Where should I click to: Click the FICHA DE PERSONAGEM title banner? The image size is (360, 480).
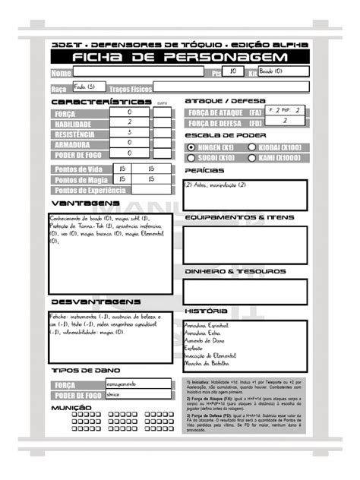pyautogui.click(x=180, y=58)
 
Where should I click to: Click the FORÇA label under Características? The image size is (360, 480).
pyautogui.click(x=65, y=113)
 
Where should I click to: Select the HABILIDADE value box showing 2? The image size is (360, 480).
pyautogui.click(x=130, y=122)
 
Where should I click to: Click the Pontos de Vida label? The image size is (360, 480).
pyautogui.click(x=79, y=169)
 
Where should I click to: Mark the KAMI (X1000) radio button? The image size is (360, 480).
pyautogui.click(x=250, y=158)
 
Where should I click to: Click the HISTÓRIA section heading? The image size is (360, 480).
pyautogui.click(x=207, y=311)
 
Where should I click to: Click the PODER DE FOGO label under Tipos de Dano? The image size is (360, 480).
pyautogui.click(x=74, y=396)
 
